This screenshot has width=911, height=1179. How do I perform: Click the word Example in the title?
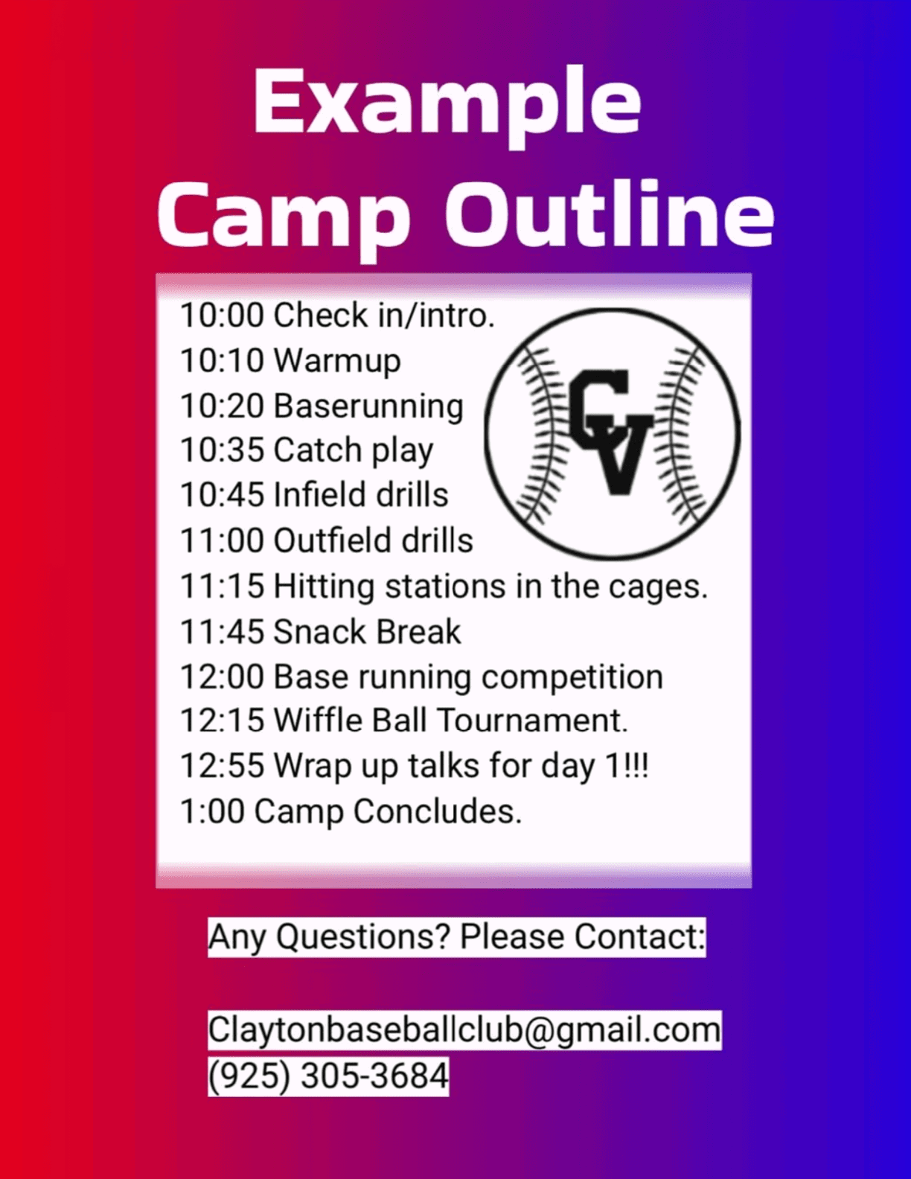(x=447, y=107)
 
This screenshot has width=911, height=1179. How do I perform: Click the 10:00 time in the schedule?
(x=223, y=316)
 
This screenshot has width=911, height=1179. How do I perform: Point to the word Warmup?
(x=337, y=361)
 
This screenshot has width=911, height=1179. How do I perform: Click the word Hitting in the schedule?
(x=324, y=587)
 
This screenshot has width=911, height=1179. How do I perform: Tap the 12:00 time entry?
(x=223, y=677)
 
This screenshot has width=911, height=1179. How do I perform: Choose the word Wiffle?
(x=325, y=720)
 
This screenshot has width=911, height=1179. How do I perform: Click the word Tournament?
(x=532, y=720)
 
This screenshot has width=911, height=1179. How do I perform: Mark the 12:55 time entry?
(x=223, y=766)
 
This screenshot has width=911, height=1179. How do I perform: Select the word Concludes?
(x=438, y=812)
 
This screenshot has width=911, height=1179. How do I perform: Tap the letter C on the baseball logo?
(x=599, y=407)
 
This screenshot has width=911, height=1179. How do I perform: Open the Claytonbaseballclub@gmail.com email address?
(x=464, y=1030)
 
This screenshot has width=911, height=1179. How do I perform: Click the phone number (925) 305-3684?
(x=329, y=1076)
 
